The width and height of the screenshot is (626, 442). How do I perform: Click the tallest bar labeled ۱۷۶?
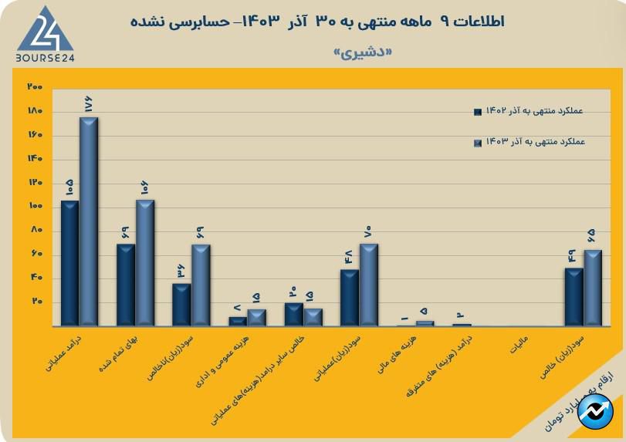(89, 224)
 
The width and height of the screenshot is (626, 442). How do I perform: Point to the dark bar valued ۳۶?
(181, 305)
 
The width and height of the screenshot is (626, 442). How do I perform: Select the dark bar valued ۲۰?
(293, 315)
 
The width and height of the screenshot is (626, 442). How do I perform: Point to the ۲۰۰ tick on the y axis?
(34, 87)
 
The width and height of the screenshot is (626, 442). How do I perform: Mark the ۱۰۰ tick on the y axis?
(34, 207)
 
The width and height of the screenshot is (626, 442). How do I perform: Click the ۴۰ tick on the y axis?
(36, 278)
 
